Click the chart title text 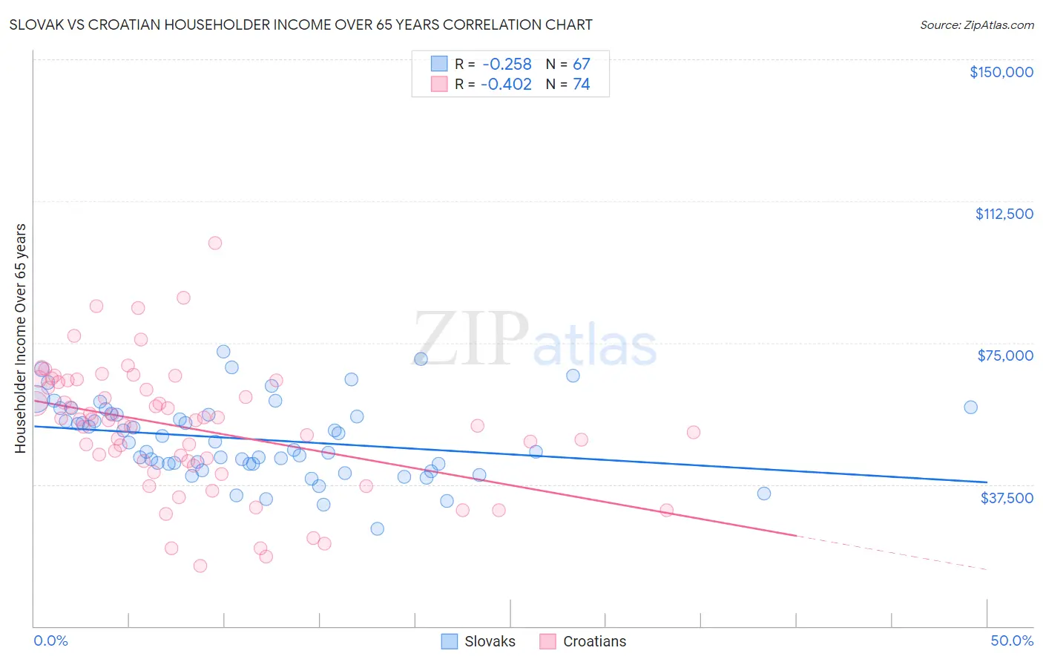[301, 24]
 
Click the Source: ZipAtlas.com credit [976, 24]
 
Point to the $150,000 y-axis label [1001, 72]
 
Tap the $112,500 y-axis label [1003, 214]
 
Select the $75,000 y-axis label [1004, 355]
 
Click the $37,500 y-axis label [1006, 498]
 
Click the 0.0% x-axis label [50, 640]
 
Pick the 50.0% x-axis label [1011, 640]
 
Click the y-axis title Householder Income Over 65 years [21, 338]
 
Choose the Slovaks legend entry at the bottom [478, 641]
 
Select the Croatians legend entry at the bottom [583, 641]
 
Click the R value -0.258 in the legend [506, 65]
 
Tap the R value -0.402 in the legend [506, 85]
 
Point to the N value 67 [581, 65]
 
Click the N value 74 [581, 85]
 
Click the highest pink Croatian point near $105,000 [215, 243]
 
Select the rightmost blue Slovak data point [970, 407]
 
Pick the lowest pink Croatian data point [200, 566]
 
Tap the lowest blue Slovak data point [377, 528]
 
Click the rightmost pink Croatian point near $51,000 [694, 432]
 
